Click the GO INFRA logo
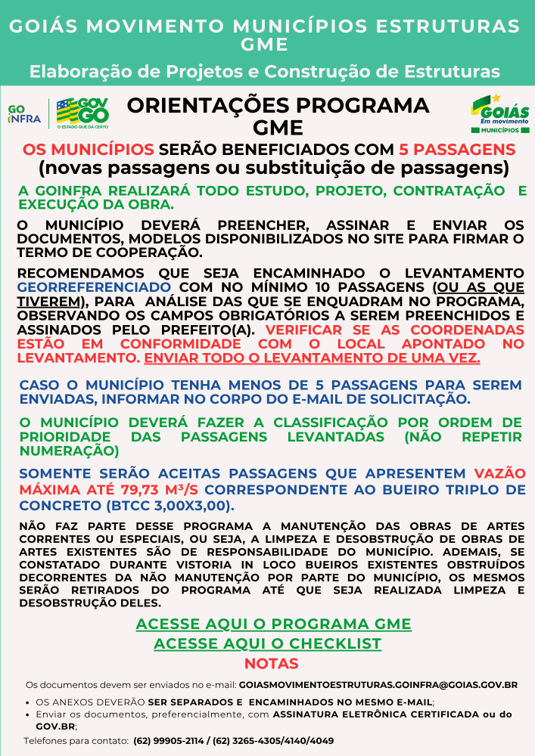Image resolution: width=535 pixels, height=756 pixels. click(x=23, y=113)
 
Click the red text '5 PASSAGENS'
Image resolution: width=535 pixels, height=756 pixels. click(x=457, y=149)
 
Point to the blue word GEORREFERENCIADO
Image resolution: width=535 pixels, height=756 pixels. click(x=94, y=287)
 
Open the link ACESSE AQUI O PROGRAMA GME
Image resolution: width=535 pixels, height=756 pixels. click(x=273, y=624)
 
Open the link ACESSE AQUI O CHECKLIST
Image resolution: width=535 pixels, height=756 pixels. click(x=267, y=644)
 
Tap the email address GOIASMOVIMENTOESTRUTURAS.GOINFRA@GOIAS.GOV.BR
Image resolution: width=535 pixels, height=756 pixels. click(x=378, y=685)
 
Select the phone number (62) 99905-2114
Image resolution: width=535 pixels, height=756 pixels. click(x=171, y=741)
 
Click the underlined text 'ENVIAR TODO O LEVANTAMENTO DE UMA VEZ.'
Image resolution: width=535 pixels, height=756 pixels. click(x=312, y=358)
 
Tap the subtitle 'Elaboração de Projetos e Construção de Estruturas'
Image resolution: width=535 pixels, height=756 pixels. click(x=265, y=72)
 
